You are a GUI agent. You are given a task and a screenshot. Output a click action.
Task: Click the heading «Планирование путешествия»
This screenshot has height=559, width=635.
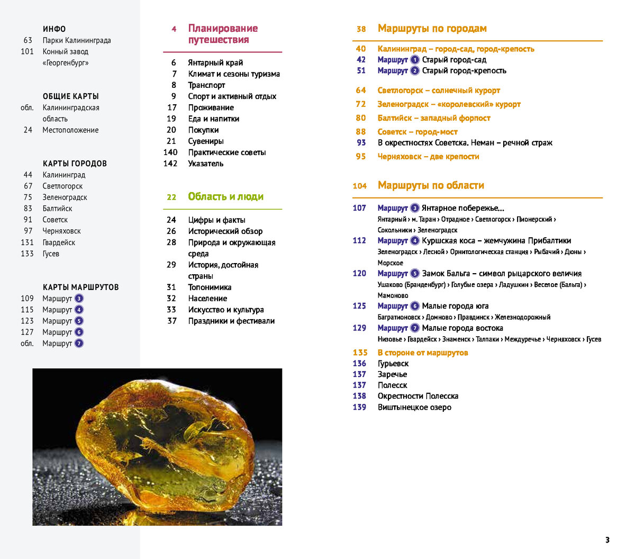point(223,34)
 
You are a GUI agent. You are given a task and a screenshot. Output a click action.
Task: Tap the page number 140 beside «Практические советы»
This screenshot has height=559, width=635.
point(170,152)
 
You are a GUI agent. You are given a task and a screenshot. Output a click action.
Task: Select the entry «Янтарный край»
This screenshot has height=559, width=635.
point(215,62)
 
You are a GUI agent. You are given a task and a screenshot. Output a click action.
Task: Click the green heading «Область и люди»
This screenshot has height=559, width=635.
point(225,196)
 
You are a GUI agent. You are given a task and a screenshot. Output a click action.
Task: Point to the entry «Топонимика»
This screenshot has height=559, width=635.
point(210,287)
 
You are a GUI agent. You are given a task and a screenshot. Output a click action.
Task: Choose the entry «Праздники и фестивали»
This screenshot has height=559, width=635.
point(231,321)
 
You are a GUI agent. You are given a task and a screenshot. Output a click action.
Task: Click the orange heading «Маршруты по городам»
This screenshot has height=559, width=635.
point(432,29)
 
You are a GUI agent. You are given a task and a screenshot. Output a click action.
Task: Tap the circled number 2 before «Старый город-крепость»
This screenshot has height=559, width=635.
point(415,71)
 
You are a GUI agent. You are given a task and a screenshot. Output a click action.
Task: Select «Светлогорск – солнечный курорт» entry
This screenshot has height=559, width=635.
point(439,91)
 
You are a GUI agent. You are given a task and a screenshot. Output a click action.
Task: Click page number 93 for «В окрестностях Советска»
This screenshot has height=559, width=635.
point(361,142)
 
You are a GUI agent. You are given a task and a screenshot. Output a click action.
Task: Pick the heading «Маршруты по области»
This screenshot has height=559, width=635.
point(431,185)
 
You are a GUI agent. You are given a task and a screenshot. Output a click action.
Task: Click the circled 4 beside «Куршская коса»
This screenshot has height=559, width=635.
point(415,241)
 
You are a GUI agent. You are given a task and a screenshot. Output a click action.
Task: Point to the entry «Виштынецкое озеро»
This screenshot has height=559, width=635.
point(414,407)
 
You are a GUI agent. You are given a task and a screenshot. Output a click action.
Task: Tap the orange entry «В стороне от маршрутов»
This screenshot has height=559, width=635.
point(423,353)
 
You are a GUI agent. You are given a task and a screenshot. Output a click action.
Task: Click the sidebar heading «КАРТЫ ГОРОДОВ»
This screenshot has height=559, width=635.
point(75,164)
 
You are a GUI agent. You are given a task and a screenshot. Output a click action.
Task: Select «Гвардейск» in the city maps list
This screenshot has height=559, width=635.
point(59,242)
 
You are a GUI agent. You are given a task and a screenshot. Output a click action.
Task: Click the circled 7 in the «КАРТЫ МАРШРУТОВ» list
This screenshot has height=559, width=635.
point(79,344)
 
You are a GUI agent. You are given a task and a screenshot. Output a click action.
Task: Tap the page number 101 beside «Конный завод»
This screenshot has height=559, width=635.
point(27,51)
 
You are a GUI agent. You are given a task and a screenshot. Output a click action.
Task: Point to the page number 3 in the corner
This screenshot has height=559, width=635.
point(607,540)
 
